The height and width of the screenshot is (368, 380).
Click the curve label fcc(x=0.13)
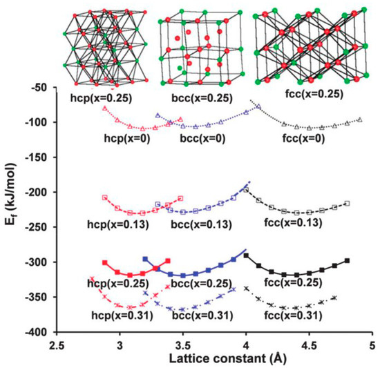[x=292, y=223]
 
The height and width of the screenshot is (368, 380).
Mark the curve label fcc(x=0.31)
[x=293, y=316]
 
